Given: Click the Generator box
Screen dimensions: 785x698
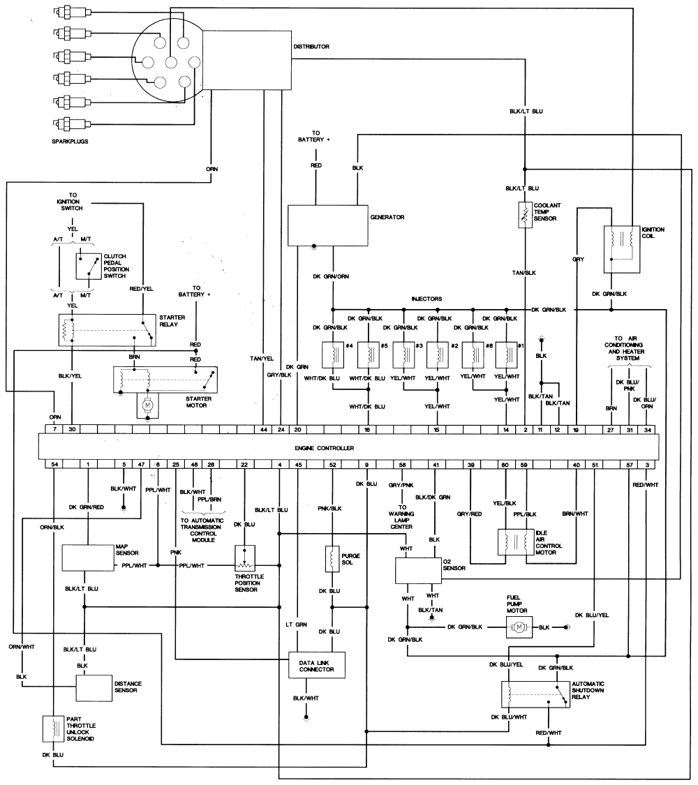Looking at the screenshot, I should point(328,225).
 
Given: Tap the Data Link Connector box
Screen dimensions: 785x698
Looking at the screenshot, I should point(317,665).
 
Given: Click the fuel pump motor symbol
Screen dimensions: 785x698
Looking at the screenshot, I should point(518,627).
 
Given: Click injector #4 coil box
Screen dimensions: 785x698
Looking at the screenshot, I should point(332,354).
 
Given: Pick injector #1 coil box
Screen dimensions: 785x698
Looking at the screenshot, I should point(507,354).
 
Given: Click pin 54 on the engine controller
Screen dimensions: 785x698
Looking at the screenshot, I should point(53,464).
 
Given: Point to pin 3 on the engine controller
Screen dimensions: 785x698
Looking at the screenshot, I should point(647,464).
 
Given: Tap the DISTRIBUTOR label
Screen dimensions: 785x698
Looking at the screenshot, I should point(311,47).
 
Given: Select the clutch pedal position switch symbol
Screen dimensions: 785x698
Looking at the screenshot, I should point(89,266).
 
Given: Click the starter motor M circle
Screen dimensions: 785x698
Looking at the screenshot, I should point(147,403).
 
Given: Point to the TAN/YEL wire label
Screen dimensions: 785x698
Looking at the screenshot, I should point(262,359).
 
